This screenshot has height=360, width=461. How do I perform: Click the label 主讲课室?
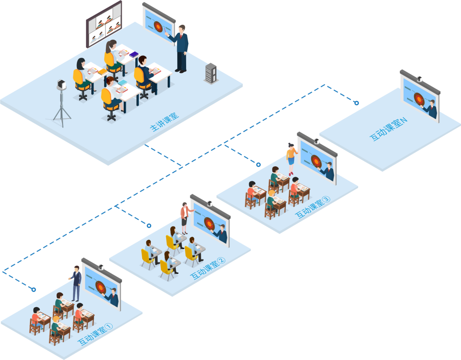pyautogui.click(x=165, y=122)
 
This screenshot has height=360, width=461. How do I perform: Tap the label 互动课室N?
pyautogui.click(x=388, y=130)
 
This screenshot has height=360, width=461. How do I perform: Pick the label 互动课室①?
pyautogui.click(x=95, y=335)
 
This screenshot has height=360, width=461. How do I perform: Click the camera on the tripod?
pyautogui.click(x=62, y=85)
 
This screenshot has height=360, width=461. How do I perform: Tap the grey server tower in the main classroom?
pyautogui.click(x=211, y=73)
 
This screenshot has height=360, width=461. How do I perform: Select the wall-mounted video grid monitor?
pyautogui.click(x=104, y=24)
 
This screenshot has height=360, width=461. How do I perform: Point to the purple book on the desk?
pyautogui.click(x=134, y=55)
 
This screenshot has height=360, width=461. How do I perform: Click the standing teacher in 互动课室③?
pyautogui.click(x=292, y=158)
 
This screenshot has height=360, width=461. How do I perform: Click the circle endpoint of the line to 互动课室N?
pyautogui.click(x=356, y=103)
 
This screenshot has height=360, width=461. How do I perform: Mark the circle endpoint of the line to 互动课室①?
pyautogui.click(x=34, y=290)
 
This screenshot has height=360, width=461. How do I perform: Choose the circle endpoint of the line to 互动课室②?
pyautogui.click(x=149, y=225)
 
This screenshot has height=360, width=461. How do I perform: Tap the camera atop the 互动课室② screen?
pyautogui.click(x=210, y=203)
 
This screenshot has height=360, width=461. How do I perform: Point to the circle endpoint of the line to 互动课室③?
pyautogui.click(x=258, y=164)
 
